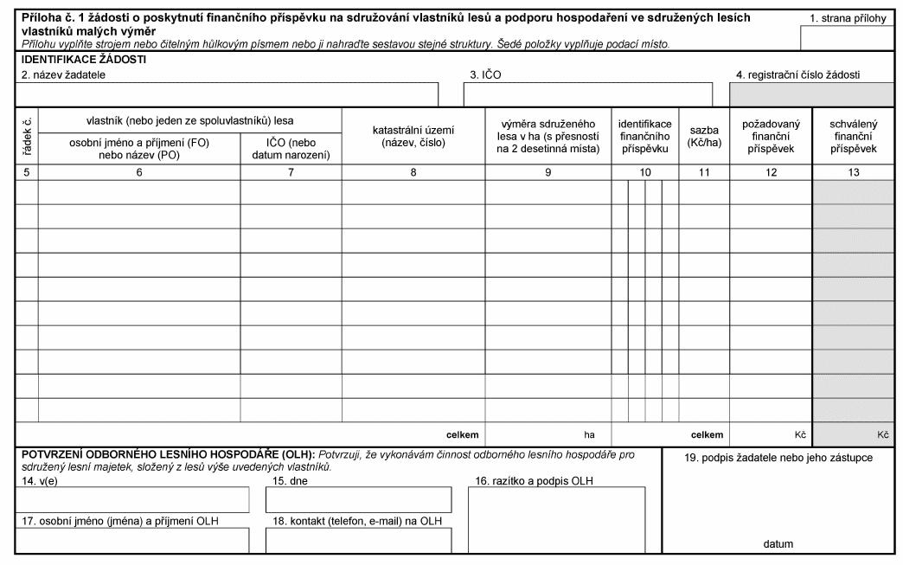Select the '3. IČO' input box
click(x=587, y=94)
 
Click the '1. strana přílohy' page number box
click(x=847, y=38)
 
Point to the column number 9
click(x=548, y=172)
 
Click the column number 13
click(x=853, y=172)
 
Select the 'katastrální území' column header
click(x=413, y=136)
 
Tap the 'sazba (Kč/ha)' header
click(x=704, y=136)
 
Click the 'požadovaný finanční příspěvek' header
click(x=771, y=136)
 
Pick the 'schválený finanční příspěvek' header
click(x=853, y=136)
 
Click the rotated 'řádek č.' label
click(x=27, y=136)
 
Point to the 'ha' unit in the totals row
click(x=590, y=434)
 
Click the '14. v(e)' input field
click(x=132, y=499)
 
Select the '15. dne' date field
click(x=358, y=499)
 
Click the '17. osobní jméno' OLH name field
click(x=132, y=540)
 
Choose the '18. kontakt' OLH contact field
click(x=358, y=540)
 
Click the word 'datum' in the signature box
click(x=778, y=544)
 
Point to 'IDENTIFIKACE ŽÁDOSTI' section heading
click(x=84, y=60)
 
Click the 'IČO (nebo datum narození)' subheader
click(x=291, y=149)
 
